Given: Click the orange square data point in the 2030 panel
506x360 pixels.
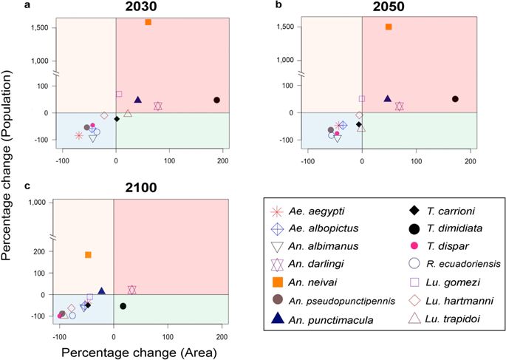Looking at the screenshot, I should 148,22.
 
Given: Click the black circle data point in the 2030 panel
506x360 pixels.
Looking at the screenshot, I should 216,100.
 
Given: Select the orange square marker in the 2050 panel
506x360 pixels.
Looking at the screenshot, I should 389,27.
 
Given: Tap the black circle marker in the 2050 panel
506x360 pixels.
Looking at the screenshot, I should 455,99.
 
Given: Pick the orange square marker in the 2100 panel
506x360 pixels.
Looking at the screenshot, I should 88,255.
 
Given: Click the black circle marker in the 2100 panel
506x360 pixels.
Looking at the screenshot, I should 123,306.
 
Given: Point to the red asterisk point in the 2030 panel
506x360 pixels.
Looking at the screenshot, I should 79,135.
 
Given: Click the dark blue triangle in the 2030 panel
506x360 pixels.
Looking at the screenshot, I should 137,100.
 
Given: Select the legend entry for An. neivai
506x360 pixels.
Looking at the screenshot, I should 329,282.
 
